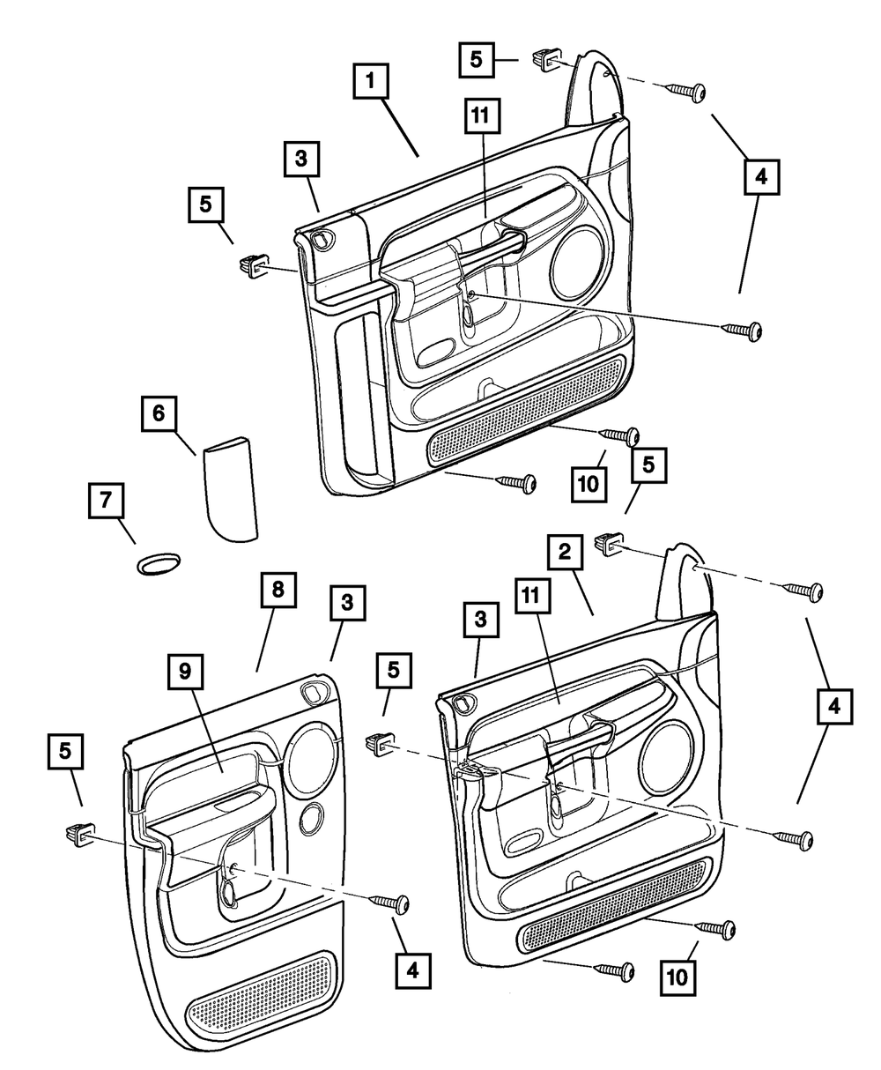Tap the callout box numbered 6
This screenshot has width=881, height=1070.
pos(159,413)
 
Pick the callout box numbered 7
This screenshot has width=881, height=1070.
pos(105,501)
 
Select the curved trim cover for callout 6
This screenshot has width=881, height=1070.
pos(228,490)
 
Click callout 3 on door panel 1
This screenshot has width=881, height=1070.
pos(301,159)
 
